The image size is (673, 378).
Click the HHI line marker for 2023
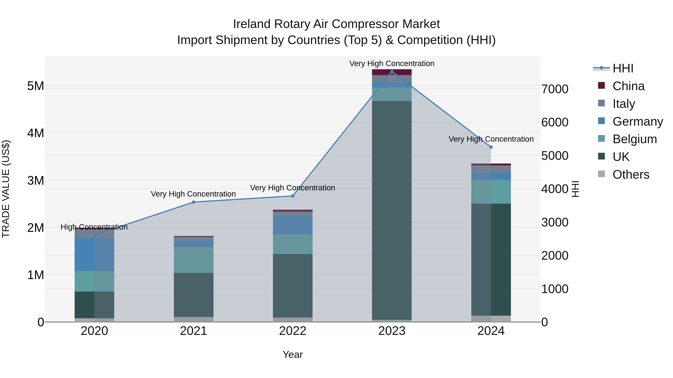click(392, 71)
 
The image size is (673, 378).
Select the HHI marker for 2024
click(491, 147)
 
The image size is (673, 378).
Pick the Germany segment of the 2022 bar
click(293, 225)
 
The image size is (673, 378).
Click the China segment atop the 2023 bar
click(392, 72)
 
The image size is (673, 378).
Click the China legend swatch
click(601, 85)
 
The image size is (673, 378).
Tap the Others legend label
click(631, 175)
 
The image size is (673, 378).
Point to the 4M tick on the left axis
click(36, 133)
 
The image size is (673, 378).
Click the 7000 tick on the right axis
click(555, 89)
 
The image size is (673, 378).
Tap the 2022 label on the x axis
click(293, 331)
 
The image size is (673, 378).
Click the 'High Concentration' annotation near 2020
click(94, 227)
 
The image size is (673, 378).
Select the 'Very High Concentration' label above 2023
click(392, 63)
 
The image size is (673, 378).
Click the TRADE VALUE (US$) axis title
click(6, 189)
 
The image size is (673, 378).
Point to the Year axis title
click(293, 354)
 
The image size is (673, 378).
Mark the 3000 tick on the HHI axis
click(555, 222)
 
